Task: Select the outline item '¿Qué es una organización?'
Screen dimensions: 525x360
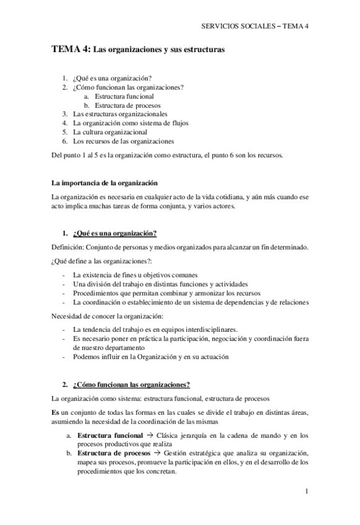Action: point(112,79)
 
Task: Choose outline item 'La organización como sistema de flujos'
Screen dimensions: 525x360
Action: point(131,123)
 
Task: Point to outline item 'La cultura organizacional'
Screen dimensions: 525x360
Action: point(110,132)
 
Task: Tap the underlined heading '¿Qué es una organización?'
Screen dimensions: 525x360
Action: point(114,233)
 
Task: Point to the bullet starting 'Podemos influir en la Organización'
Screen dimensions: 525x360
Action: point(150,357)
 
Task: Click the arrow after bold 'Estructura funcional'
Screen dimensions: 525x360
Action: point(151,435)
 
